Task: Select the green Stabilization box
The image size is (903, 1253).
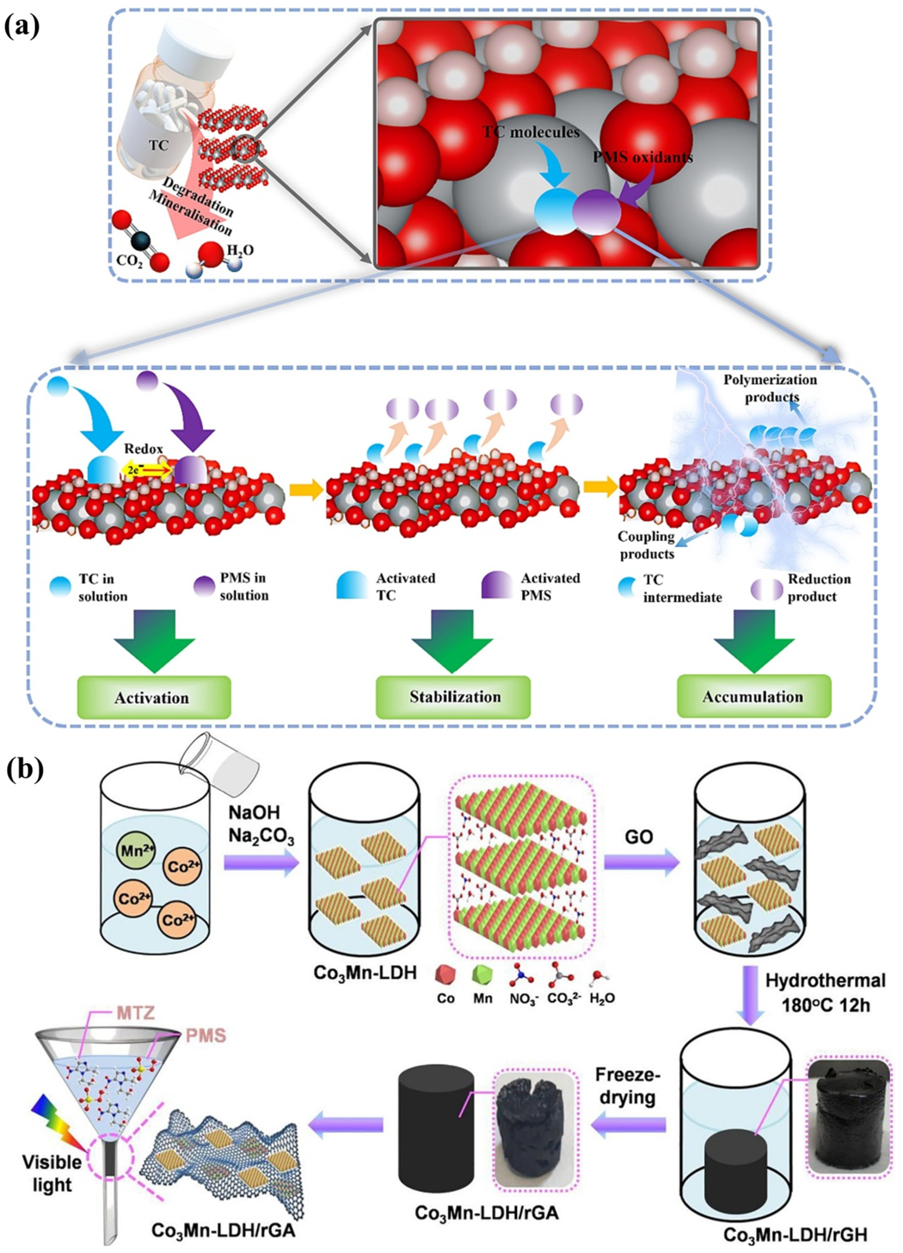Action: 453,696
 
